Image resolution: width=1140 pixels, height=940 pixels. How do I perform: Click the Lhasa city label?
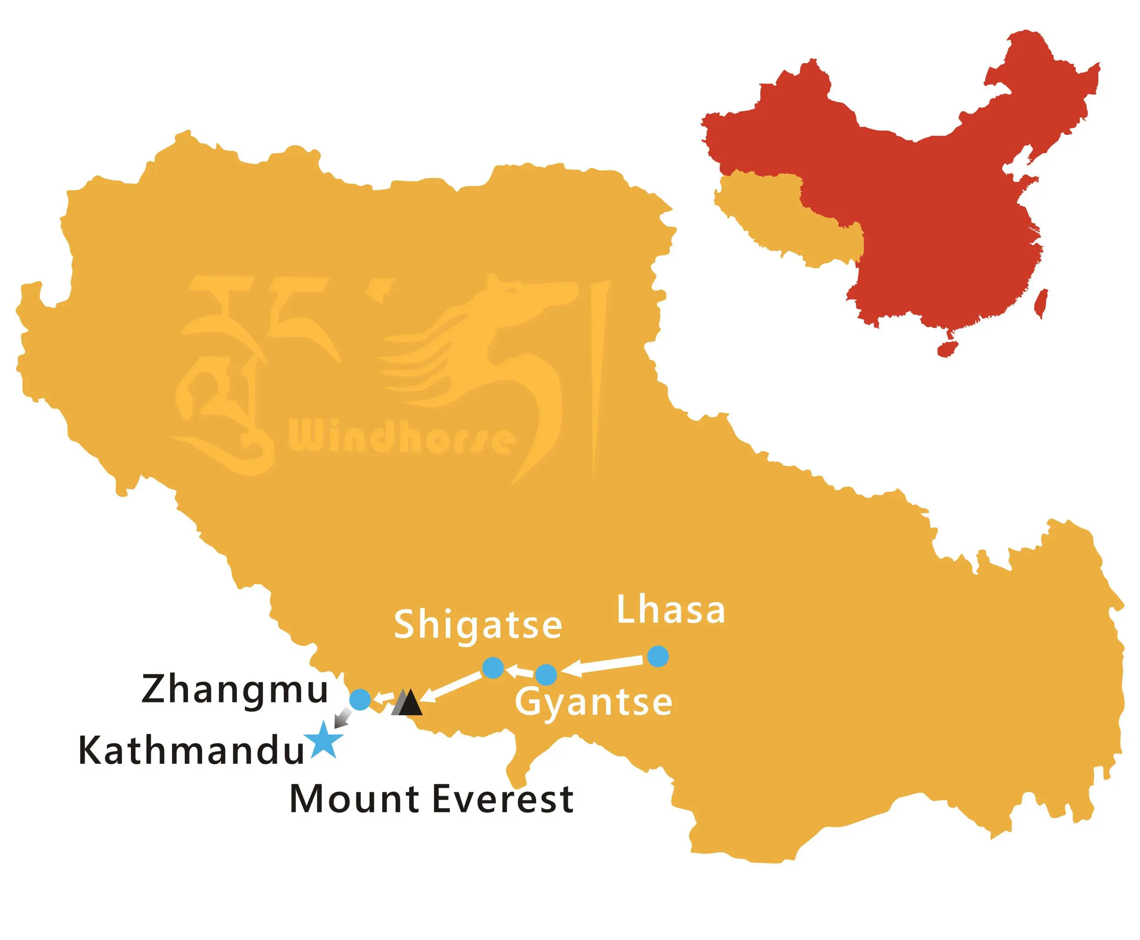(671, 610)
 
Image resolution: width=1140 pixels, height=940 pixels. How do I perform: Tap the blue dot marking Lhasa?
(658, 656)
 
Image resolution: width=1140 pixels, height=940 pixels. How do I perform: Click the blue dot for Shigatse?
(493, 668)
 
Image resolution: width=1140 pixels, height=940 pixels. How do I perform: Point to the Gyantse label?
(593, 703)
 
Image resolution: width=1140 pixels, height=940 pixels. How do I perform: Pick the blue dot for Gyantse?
(546, 675)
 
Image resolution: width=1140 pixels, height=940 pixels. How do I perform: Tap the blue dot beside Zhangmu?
(360, 700)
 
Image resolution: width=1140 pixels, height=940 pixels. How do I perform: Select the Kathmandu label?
(191, 751)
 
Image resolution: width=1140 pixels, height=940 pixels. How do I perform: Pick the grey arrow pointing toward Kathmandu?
(342, 719)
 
